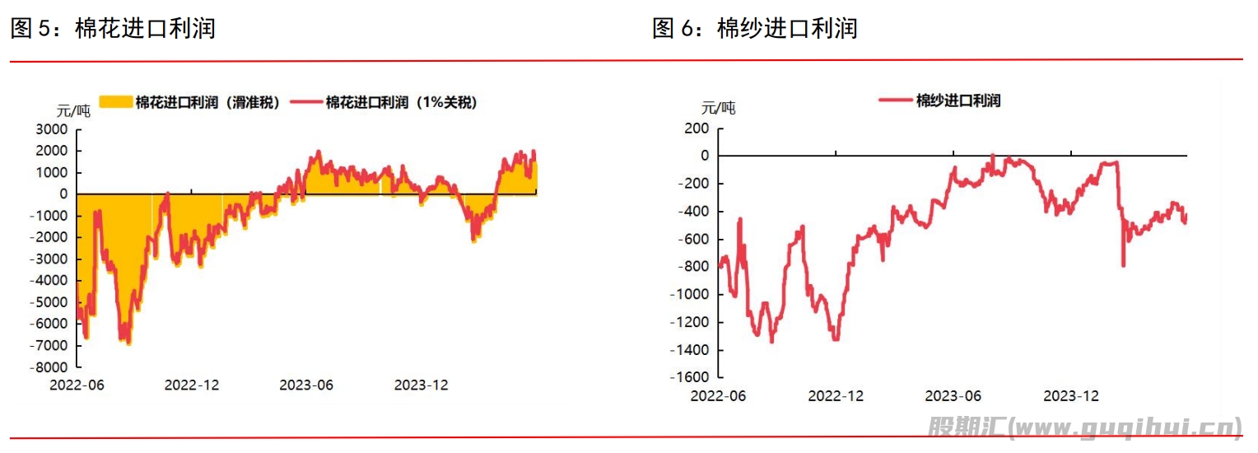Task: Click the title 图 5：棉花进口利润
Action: pos(113,29)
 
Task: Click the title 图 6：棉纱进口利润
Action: pos(754,29)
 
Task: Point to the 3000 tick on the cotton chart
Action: pos(53,129)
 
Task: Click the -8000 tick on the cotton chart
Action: pos(50,367)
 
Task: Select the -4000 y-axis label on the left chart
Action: pos(50,281)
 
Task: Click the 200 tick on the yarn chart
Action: pos(696,128)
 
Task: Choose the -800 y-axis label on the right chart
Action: pos(692,267)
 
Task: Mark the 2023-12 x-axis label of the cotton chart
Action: pos(421,385)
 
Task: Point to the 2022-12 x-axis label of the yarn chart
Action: pos(836,395)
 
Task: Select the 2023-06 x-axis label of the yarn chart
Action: pos(953,395)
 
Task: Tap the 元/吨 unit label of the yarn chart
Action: pos(718,108)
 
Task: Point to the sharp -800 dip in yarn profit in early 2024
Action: pos(1123,264)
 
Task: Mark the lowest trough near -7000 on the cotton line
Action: pos(128,342)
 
